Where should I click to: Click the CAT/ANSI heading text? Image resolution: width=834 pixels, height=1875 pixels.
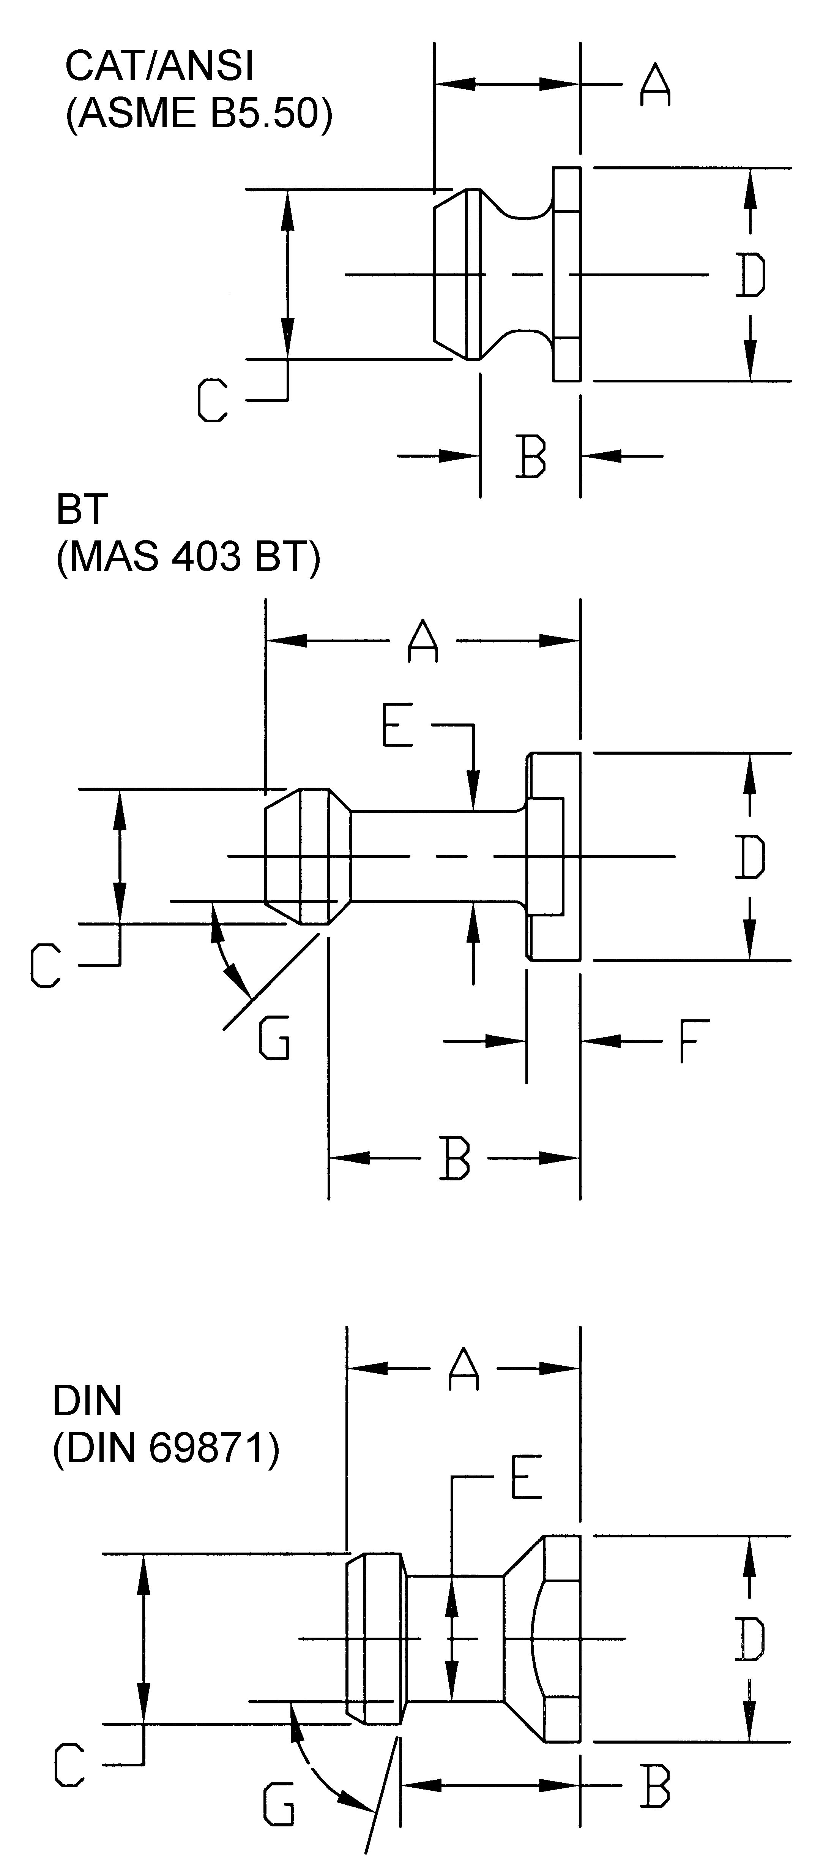click(159, 66)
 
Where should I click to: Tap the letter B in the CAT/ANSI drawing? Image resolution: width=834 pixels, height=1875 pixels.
click(531, 457)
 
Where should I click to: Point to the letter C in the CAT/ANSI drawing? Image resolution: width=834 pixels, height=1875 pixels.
click(213, 400)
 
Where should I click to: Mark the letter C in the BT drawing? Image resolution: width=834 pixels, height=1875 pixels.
click(45, 965)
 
